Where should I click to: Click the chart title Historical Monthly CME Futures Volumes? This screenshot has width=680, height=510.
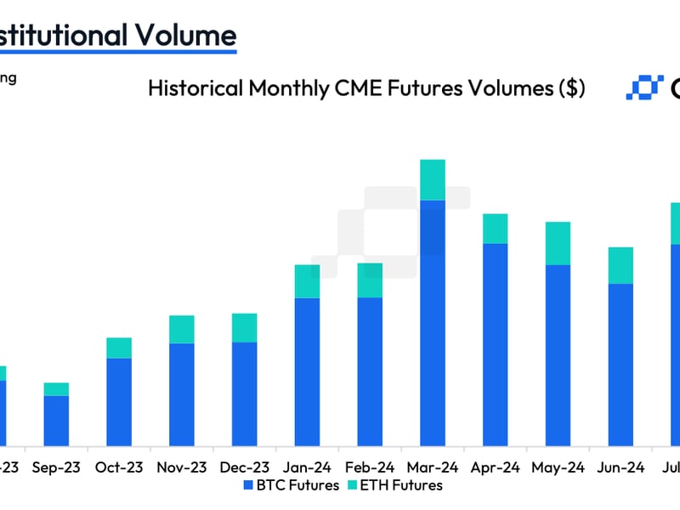[365, 88]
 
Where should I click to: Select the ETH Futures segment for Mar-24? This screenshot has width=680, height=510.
[433, 179]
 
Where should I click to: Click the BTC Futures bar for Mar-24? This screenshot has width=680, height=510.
[433, 323]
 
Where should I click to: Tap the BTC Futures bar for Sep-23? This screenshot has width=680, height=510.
[56, 421]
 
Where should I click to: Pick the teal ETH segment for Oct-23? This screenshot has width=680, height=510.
[119, 348]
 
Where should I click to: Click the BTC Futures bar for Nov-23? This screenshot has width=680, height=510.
[182, 394]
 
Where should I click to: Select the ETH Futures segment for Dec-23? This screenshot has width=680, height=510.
[244, 327]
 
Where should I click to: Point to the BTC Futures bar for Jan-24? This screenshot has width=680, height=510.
[307, 371]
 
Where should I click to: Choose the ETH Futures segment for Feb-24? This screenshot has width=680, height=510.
[370, 280]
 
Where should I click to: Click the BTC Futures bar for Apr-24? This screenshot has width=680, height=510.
[496, 344]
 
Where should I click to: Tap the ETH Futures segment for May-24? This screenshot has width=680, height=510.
[558, 243]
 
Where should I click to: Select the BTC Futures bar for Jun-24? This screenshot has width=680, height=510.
[620, 365]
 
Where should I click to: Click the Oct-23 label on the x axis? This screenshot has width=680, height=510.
[119, 467]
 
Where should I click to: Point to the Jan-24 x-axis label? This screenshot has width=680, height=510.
[307, 467]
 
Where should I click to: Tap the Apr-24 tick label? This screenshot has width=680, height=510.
[496, 467]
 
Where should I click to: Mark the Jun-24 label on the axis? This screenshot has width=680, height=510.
[620, 467]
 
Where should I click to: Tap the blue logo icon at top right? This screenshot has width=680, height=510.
[644, 88]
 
